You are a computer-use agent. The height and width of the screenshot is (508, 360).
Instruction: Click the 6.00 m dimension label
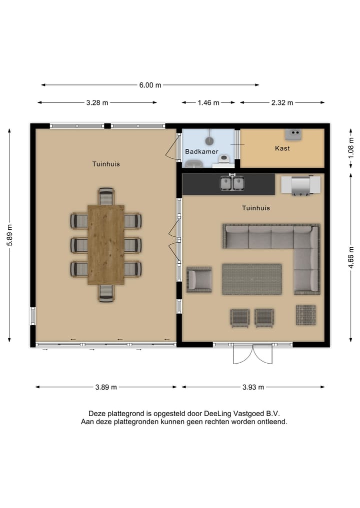click(x=150, y=85)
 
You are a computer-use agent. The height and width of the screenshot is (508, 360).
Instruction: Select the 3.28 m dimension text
click(x=97, y=103)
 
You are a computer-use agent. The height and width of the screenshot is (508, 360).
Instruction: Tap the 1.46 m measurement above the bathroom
click(x=208, y=103)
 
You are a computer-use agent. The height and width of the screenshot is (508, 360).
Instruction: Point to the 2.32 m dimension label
click(x=282, y=103)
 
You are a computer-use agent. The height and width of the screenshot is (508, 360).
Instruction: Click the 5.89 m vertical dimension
click(x=9, y=235)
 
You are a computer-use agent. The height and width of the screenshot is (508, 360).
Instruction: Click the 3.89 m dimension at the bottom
click(x=106, y=387)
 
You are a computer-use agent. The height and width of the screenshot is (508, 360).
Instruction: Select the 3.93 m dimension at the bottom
click(x=253, y=387)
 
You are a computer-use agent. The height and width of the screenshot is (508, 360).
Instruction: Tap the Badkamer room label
click(x=201, y=151)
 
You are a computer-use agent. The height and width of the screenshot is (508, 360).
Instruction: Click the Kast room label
click(x=282, y=148)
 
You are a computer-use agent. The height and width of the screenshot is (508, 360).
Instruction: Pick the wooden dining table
click(x=106, y=244)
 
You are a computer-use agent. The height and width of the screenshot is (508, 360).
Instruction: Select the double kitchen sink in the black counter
click(x=232, y=183)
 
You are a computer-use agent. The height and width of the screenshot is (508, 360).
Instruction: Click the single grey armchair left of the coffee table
click(x=199, y=279)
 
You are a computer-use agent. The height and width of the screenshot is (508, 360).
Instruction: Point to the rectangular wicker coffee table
click(x=252, y=279)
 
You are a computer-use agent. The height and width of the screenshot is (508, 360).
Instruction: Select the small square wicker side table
click(x=305, y=315)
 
